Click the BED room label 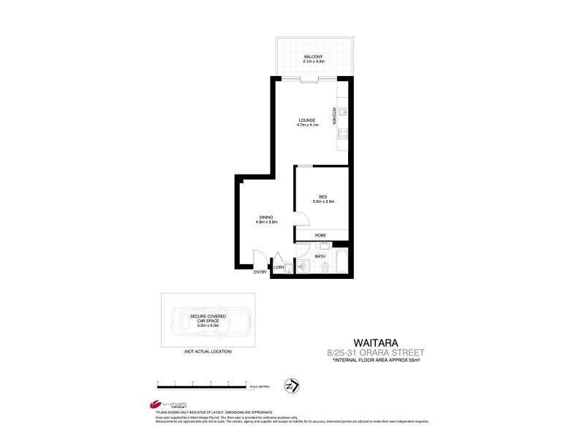(x=322, y=195)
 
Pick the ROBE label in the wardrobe (x=320, y=236)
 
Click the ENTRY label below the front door (x=260, y=272)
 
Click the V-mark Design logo (x=155, y=405)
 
